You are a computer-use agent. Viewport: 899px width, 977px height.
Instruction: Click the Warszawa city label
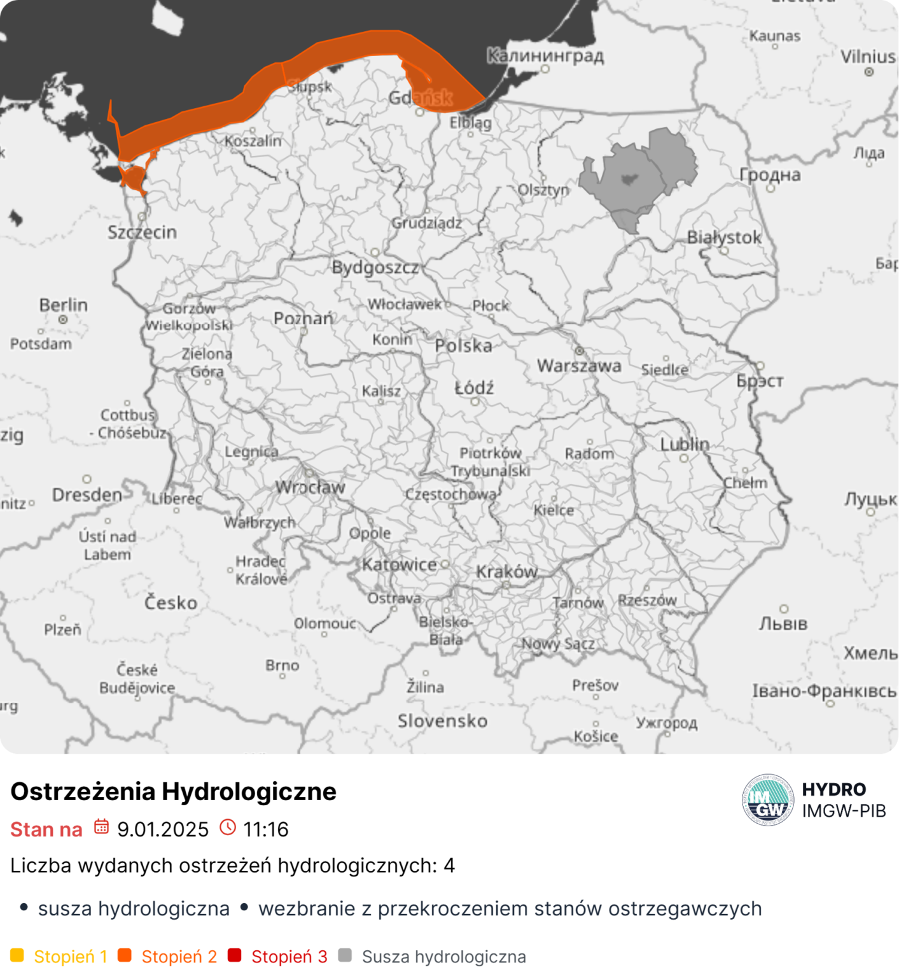[x=579, y=366]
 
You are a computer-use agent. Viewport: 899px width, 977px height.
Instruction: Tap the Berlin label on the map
[x=63, y=305]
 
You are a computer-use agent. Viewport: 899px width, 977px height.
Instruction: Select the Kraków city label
[x=506, y=571]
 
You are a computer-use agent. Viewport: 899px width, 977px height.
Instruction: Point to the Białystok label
[x=724, y=237]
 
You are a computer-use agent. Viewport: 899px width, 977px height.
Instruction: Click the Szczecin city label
[x=142, y=232]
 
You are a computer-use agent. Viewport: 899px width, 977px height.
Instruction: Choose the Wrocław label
[x=310, y=487]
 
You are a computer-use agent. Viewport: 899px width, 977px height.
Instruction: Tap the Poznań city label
[x=303, y=318]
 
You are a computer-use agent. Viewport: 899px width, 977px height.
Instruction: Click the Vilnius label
[x=868, y=57]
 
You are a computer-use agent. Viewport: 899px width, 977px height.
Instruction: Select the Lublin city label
[x=684, y=444]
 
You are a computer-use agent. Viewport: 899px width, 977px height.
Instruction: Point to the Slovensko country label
[x=442, y=721]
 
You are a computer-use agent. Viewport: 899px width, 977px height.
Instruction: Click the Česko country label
[x=171, y=602]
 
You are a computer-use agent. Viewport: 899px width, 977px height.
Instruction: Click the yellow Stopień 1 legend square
[x=17, y=955]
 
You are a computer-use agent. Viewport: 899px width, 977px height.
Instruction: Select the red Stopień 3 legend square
[x=234, y=955]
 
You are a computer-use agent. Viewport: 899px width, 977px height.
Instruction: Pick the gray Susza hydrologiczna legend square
[x=345, y=955]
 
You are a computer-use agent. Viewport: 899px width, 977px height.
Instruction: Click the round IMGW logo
[x=768, y=800]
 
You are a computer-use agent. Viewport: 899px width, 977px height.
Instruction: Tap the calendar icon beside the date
[x=101, y=827]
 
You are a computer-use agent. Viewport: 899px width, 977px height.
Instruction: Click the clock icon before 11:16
[x=227, y=827]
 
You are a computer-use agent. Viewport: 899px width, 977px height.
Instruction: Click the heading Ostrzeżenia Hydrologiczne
[x=173, y=791]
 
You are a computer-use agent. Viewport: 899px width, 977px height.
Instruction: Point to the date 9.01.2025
[x=163, y=829]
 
